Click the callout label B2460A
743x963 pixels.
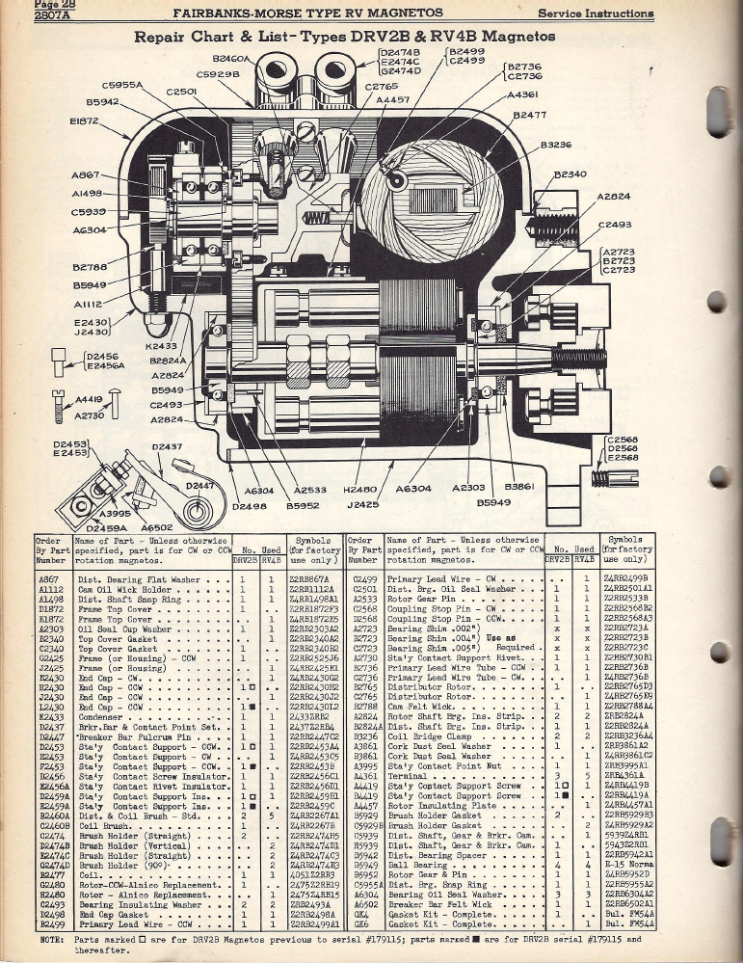point(226,59)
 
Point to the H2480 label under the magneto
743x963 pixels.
point(360,490)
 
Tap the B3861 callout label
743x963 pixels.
point(518,489)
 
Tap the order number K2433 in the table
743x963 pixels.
point(49,716)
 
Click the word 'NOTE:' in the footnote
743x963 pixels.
point(50,938)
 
